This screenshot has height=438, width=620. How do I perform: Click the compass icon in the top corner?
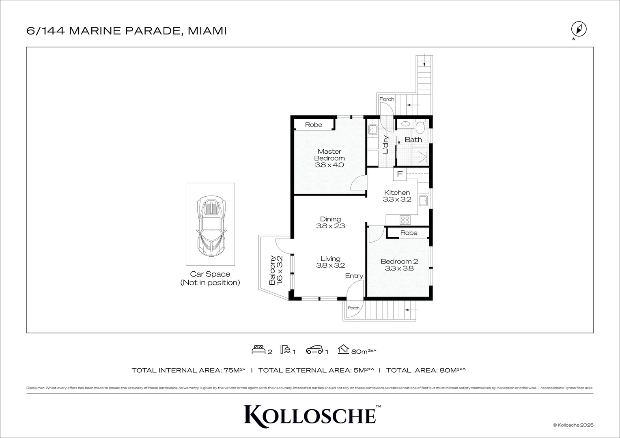579,30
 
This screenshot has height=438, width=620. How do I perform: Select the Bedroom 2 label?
399,262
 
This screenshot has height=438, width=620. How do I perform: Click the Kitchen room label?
397,193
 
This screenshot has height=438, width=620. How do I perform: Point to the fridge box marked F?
400,174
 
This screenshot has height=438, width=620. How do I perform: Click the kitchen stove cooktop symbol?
405,220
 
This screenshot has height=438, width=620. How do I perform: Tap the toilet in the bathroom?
420,127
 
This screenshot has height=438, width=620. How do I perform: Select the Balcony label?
273,269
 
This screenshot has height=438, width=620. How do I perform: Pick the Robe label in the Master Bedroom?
313,125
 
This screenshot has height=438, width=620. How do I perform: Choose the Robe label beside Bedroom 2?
409,233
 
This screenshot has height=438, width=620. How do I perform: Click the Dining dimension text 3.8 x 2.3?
330,226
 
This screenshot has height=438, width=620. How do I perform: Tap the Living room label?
330,259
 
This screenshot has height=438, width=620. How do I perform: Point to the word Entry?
354,276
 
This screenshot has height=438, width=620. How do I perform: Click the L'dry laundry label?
386,144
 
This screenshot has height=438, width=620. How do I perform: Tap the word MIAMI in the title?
207,31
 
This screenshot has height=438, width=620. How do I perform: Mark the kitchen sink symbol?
423,200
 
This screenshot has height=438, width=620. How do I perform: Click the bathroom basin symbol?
404,124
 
